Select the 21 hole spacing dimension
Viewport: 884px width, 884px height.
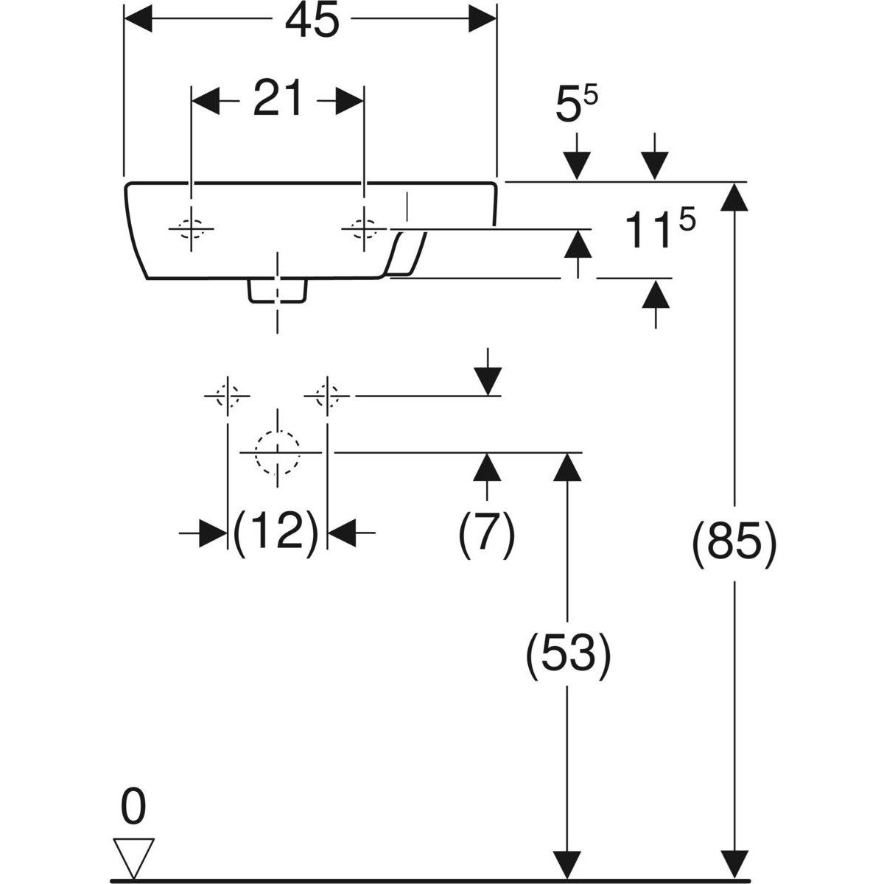(x=278, y=100)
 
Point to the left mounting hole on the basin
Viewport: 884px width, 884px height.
(x=191, y=230)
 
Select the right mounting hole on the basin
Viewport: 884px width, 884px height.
(x=363, y=230)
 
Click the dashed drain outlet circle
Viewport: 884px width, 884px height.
(x=277, y=451)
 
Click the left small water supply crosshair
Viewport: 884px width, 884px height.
(x=227, y=396)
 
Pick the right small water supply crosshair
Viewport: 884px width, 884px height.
(x=327, y=396)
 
